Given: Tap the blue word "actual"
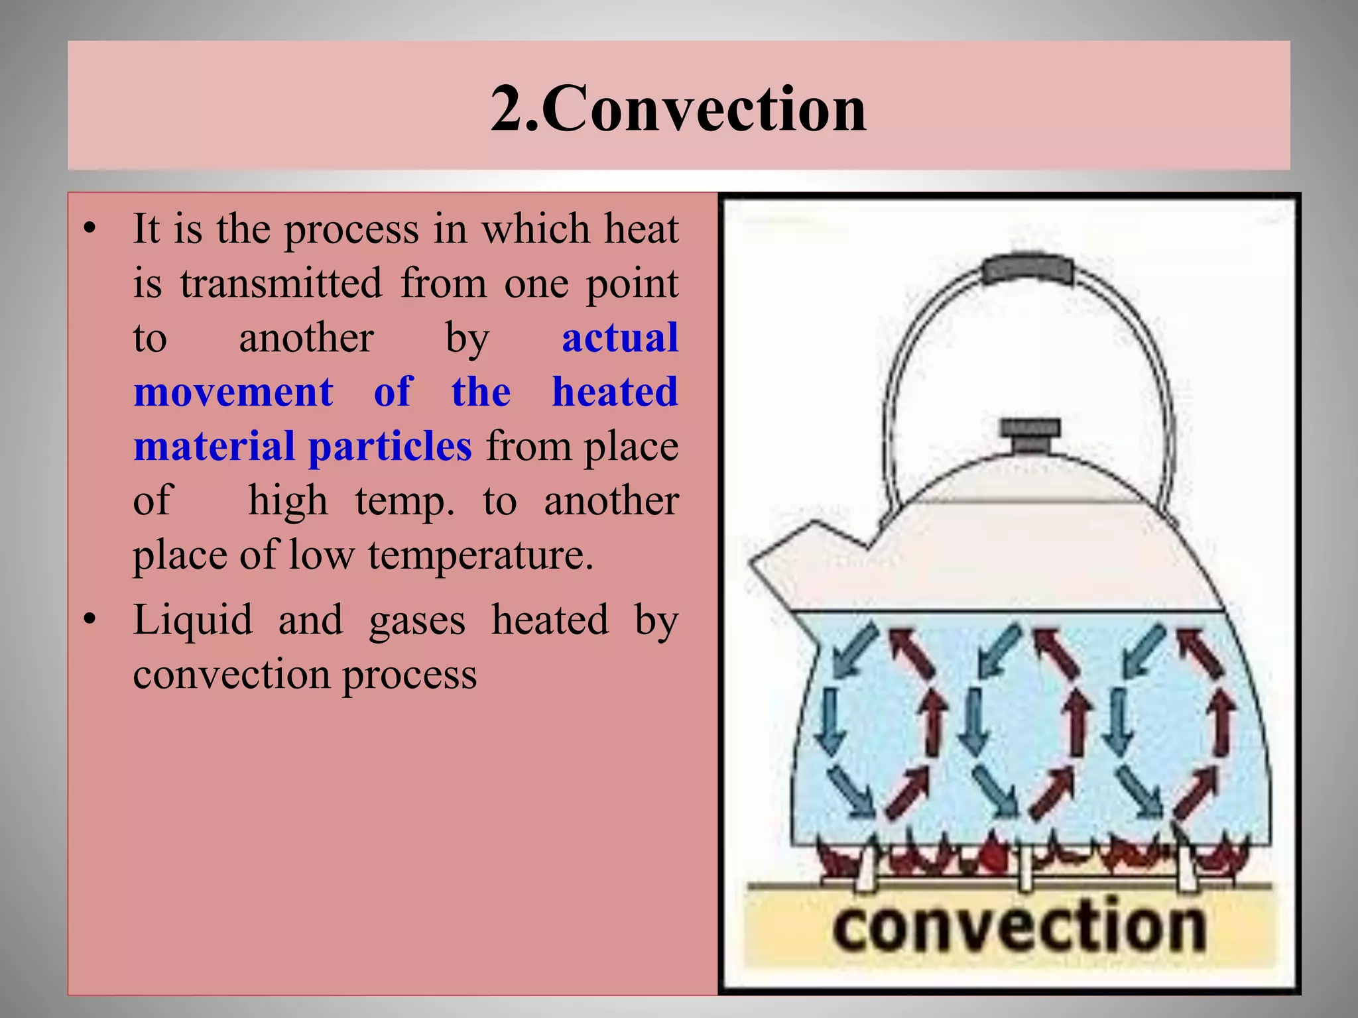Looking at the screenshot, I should click(x=620, y=338).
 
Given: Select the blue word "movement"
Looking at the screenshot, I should click(x=233, y=392).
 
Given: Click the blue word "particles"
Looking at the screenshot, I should click(x=390, y=447).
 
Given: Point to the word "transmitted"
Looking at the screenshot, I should click(x=281, y=284).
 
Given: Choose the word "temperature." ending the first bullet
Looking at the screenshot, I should click(x=480, y=555).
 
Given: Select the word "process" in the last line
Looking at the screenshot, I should click(x=409, y=676).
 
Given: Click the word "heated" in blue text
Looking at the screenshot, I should click(x=615, y=392).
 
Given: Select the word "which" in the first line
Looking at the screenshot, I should click(x=535, y=229).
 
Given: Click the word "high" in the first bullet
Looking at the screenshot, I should click(x=288, y=501).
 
